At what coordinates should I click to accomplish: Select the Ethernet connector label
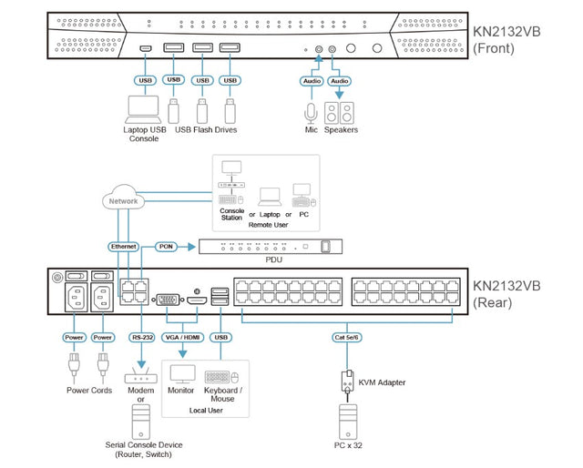124,247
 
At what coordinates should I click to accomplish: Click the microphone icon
311,113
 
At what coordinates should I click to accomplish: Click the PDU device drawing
270,246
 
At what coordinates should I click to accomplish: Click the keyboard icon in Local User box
219,377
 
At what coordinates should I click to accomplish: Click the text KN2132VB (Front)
506,39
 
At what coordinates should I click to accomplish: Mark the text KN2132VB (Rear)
506,293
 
